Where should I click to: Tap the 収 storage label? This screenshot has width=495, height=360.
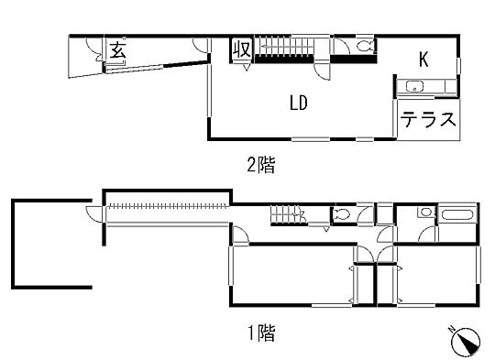pos(242,49)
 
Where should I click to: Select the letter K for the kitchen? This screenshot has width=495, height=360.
pos(423,60)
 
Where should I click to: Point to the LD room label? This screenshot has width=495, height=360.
pos(298,103)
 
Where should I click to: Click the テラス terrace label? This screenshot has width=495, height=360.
pos(428,120)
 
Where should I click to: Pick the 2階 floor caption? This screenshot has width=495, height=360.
pos(259,166)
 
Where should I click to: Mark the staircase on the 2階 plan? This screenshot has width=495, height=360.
pos(288,46)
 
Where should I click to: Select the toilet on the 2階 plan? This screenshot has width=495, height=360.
pos(362,46)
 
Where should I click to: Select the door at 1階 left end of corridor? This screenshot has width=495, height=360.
pos(94,214)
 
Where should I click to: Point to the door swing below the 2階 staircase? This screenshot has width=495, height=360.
pos(318,65)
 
